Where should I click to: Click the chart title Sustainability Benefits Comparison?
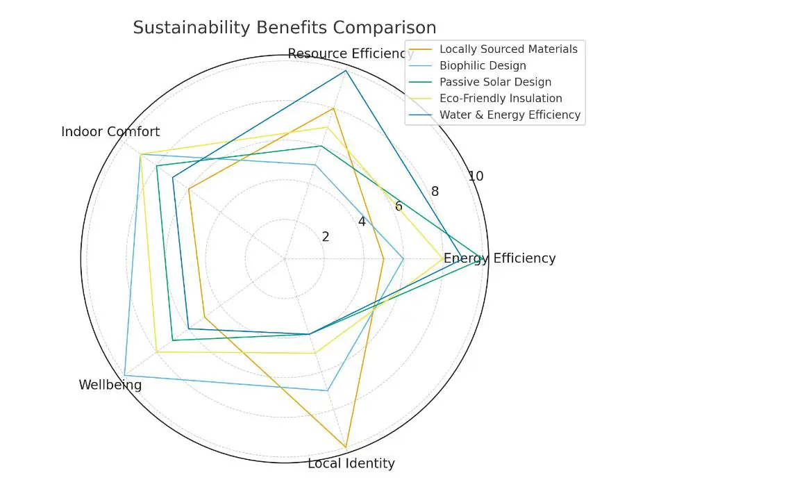pyautogui.click(x=285, y=28)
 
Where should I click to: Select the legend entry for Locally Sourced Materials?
pyautogui.click(x=508, y=49)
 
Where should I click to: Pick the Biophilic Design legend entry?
pyautogui.click(x=483, y=66)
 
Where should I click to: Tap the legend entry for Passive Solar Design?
pyautogui.click(x=495, y=82)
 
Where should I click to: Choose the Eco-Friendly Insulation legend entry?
pyautogui.click(x=501, y=99)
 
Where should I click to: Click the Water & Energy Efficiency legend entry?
pyautogui.click(x=510, y=115)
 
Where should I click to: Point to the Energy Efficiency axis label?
pyautogui.click(x=500, y=258)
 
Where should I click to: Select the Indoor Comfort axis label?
pyautogui.click(x=110, y=132)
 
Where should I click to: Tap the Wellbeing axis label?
pyautogui.click(x=110, y=385)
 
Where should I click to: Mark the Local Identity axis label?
pyautogui.click(x=351, y=463)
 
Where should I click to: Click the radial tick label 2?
pyautogui.click(x=326, y=237)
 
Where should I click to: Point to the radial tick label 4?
pyautogui.click(x=362, y=222)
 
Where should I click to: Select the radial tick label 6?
pyautogui.click(x=399, y=206)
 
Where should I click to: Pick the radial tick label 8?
pyautogui.click(x=435, y=192)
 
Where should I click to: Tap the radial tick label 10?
pyautogui.click(x=475, y=176)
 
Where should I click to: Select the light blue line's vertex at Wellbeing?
pyautogui.click(x=124, y=376)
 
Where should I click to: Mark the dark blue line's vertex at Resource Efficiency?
pyautogui.click(x=346, y=71)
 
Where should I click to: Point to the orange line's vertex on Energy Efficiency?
pyautogui.click(x=384, y=259)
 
